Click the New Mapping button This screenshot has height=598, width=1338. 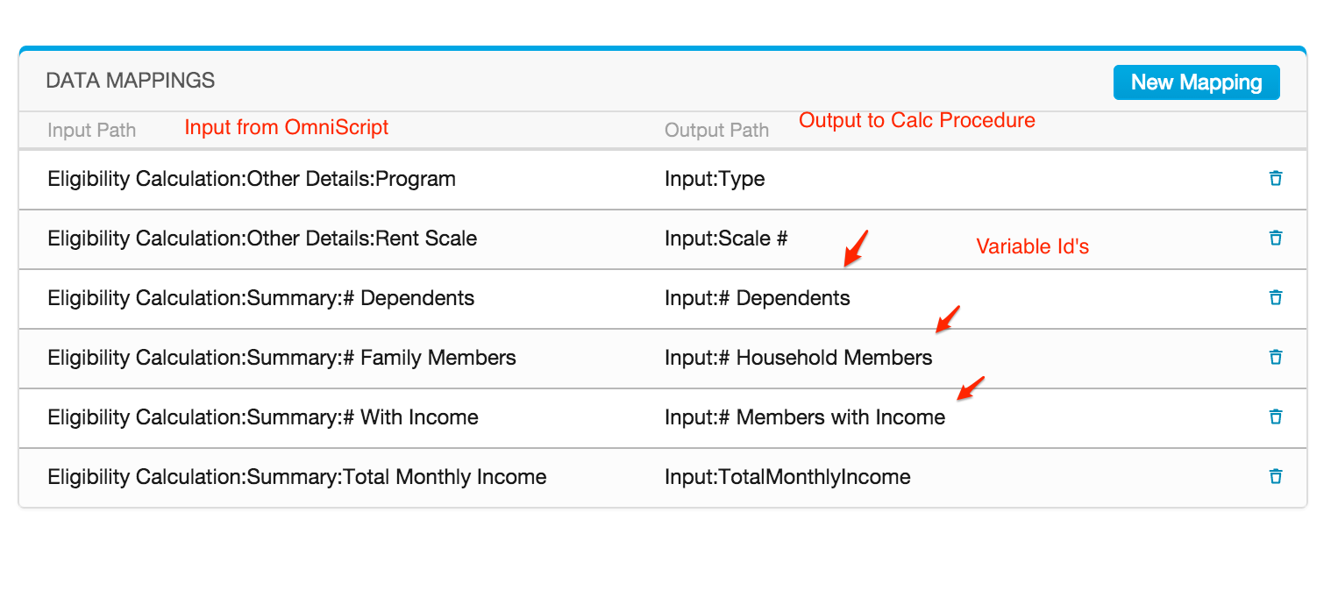1196,82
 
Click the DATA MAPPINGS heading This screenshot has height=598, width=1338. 131,81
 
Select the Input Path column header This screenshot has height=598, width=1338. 92,131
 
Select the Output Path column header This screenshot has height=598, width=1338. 717,131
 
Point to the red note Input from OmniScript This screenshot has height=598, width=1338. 286,127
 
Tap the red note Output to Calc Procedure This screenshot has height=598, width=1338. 917,120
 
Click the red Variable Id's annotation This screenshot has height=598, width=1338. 1032,246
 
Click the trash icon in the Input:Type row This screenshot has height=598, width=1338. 1275,179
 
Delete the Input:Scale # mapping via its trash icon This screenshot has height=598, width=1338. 1275,238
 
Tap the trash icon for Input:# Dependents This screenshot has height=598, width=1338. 1275,297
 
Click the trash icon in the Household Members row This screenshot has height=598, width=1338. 1275,357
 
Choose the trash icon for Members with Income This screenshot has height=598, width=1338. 1275,417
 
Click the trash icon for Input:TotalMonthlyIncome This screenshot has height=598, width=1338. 1275,477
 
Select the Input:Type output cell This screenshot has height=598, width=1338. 715,179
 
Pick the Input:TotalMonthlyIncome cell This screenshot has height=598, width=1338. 787,477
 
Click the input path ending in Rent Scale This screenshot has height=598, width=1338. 262,238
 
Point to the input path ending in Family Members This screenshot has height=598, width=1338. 282,358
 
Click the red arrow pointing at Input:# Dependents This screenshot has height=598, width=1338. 856,249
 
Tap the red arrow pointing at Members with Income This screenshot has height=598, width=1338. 971,388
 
